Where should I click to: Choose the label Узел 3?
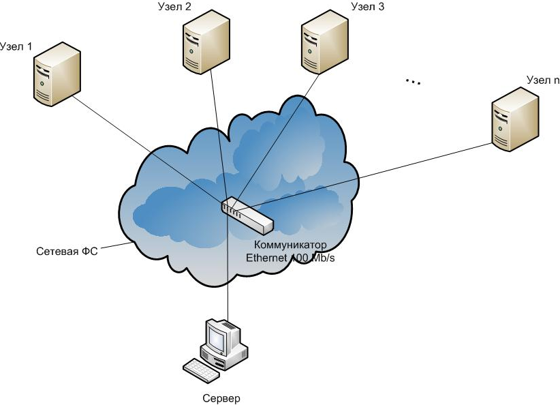[x=368, y=7]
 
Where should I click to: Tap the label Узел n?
[x=542, y=80]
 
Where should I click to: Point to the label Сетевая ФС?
[x=67, y=252]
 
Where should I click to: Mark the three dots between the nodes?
[x=413, y=81]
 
